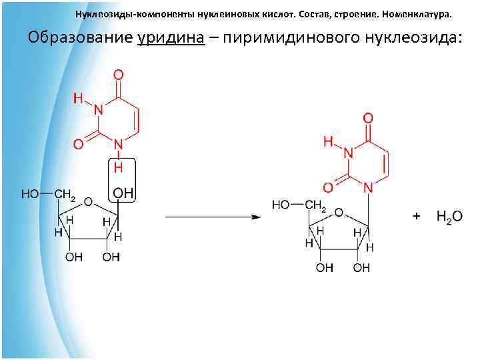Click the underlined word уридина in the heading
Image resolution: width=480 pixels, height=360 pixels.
(171, 37)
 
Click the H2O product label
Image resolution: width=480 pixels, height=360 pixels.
(449, 217)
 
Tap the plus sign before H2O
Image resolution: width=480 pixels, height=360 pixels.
(417, 217)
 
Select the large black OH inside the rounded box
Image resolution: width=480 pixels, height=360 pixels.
(123, 193)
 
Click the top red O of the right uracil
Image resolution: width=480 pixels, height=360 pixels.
(368, 118)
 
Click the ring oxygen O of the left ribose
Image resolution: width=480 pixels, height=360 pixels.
(88, 202)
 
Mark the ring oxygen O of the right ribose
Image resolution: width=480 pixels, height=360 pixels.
(339, 213)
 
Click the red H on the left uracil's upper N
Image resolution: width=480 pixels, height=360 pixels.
(78, 99)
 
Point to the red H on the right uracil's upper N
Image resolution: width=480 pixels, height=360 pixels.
(328, 142)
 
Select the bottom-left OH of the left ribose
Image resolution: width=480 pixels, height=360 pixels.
(73, 258)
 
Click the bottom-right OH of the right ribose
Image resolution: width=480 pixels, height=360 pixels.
(361, 268)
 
